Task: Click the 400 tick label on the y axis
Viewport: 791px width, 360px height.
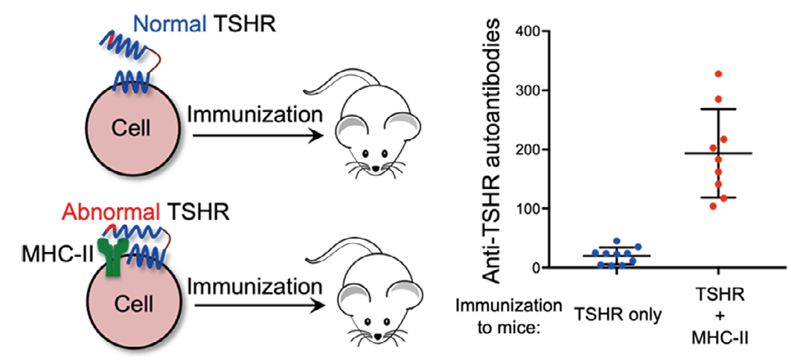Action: pyautogui.click(x=525, y=33)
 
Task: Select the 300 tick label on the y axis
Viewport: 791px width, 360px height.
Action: pyautogui.click(x=525, y=91)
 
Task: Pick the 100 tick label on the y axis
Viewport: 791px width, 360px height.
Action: pyautogui.click(x=525, y=209)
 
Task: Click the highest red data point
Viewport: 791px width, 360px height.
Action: pyautogui.click(x=718, y=74)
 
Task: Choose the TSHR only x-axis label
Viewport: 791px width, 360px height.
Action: pyautogui.click(x=617, y=314)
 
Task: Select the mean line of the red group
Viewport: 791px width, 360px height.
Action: pyautogui.click(x=718, y=153)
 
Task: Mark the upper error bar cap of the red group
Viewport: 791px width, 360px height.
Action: pyautogui.click(x=718, y=109)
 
